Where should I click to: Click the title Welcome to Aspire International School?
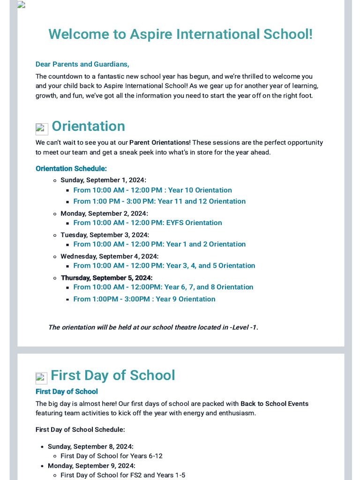point(180,34)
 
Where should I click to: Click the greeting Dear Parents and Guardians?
point(82,64)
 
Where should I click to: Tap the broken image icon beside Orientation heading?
point(42,128)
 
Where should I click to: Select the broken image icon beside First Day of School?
point(41,378)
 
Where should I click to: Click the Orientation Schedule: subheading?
point(71,168)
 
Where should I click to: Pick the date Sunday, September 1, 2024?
point(103,180)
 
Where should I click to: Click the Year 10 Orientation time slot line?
point(152,190)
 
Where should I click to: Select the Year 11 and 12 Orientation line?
point(159,202)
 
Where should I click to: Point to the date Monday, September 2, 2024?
point(104,213)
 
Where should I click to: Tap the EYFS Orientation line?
point(148,223)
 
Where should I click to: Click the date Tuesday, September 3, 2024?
point(105,235)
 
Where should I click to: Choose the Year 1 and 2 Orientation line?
point(159,244)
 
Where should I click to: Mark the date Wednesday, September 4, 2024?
point(109,256)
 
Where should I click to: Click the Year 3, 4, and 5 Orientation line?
point(164,266)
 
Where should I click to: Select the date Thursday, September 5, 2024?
point(106,278)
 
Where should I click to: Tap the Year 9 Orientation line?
point(144,299)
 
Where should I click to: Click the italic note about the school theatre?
point(153,327)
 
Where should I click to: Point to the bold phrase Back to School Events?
point(274,404)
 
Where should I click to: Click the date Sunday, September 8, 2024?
point(90,447)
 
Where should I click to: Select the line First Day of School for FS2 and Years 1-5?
point(123,475)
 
